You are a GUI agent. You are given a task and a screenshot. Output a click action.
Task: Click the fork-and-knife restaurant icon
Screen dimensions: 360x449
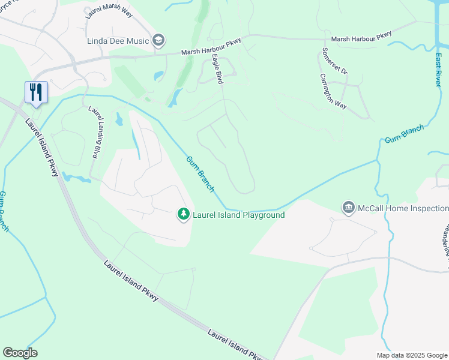(36, 92)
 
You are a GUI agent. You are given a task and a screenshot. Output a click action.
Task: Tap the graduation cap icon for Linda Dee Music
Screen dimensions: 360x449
(158, 40)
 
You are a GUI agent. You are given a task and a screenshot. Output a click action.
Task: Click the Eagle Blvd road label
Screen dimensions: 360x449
(217, 69)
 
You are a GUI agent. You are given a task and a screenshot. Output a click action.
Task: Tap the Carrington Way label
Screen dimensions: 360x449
(333, 91)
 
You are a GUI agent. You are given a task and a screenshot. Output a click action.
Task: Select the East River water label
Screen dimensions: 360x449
(438, 70)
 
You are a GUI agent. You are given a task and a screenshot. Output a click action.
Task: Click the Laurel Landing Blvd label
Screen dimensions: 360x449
(94, 132)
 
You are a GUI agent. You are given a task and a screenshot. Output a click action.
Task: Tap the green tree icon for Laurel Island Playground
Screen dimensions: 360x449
(183, 214)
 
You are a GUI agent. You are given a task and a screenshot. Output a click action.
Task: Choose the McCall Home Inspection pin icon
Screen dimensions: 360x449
(348, 208)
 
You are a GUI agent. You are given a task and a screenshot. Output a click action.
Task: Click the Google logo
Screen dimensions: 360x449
(20, 353)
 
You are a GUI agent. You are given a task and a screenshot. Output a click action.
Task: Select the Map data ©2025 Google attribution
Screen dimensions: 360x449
(411, 355)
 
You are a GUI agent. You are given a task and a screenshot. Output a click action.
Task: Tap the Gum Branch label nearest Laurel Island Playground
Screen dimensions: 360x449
(200, 174)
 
